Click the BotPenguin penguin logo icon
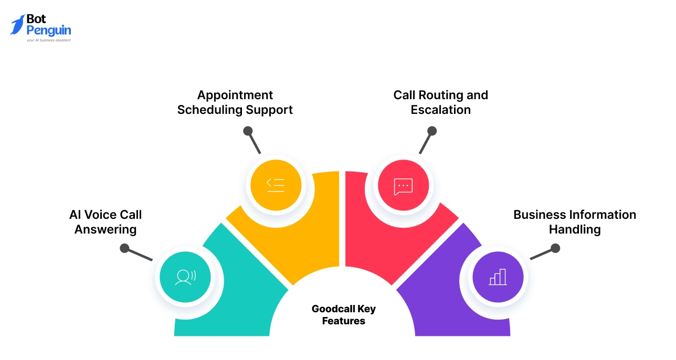[18, 25]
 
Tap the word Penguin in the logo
[49, 30]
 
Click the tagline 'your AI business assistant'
[49, 40]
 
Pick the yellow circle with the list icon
[276, 184]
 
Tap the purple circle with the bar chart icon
[498, 277]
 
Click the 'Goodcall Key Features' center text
[344, 314]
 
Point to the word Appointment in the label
[235, 95]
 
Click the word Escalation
[440, 110]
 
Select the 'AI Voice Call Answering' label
[105, 222]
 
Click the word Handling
[575, 229]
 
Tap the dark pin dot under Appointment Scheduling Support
[248, 131]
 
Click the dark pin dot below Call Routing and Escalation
[432, 131]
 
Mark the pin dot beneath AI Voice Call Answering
[124, 248]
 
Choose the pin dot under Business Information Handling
[555, 248]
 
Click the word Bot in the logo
[36, 19]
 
